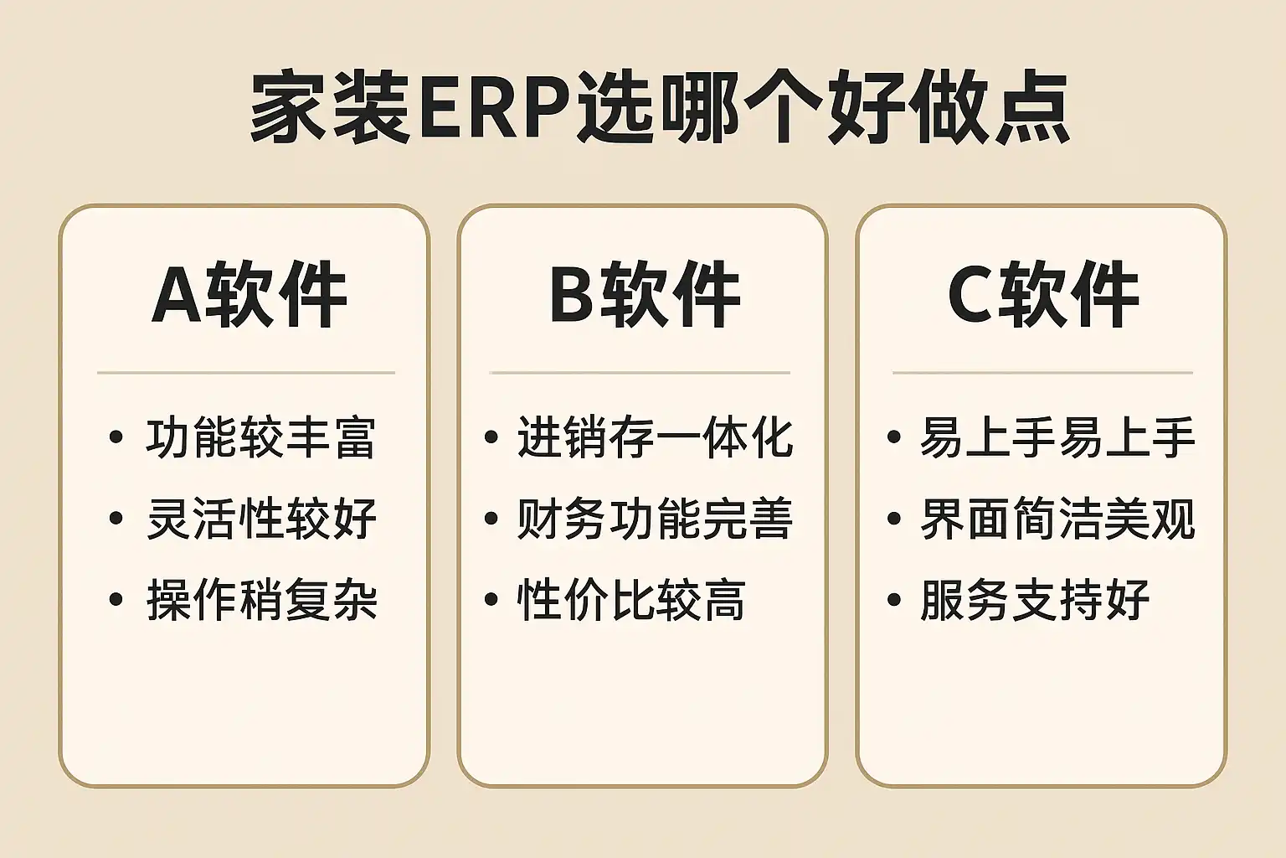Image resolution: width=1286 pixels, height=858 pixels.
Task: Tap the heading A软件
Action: click(x=249, y=294)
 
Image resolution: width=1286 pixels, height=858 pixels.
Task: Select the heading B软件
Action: click(x=646, y=294)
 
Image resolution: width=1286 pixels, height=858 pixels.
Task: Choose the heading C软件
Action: click(x=1043, y=294)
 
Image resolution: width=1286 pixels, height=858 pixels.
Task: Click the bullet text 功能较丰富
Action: click(x=261, y=438)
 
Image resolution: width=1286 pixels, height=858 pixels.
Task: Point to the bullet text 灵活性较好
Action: click(x=262, y=519)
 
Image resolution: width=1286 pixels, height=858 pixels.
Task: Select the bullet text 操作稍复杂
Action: click(x=262, y=600)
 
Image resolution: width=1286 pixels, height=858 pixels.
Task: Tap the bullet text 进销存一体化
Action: click(x=655, y=438)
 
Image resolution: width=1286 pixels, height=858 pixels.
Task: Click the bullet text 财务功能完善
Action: click(x=655, y=519)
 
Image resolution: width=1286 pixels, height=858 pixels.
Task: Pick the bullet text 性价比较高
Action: click(x=631, y=600)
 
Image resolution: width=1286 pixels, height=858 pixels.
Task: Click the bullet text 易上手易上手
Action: click(x=1057, y=438)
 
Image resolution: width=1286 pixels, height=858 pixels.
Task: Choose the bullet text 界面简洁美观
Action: click(x=1057, y=519)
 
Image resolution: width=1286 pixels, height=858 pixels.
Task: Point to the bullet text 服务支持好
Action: click(x=1035, y=600)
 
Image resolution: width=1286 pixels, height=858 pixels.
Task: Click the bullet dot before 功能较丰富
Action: click(x=116, y=437)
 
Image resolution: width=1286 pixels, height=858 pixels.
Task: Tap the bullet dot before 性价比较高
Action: click(x=491, y=599)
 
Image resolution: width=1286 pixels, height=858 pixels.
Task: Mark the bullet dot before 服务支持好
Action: click(x=894, y=599)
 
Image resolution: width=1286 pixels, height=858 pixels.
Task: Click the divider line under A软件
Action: click(x=246, y=372)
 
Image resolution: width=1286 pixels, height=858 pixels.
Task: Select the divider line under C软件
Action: click(x=1042, y=372)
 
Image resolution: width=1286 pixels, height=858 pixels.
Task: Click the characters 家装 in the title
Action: click(x=330, y=107)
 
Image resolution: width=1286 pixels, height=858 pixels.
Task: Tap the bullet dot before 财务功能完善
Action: click(x=491, y=519)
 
